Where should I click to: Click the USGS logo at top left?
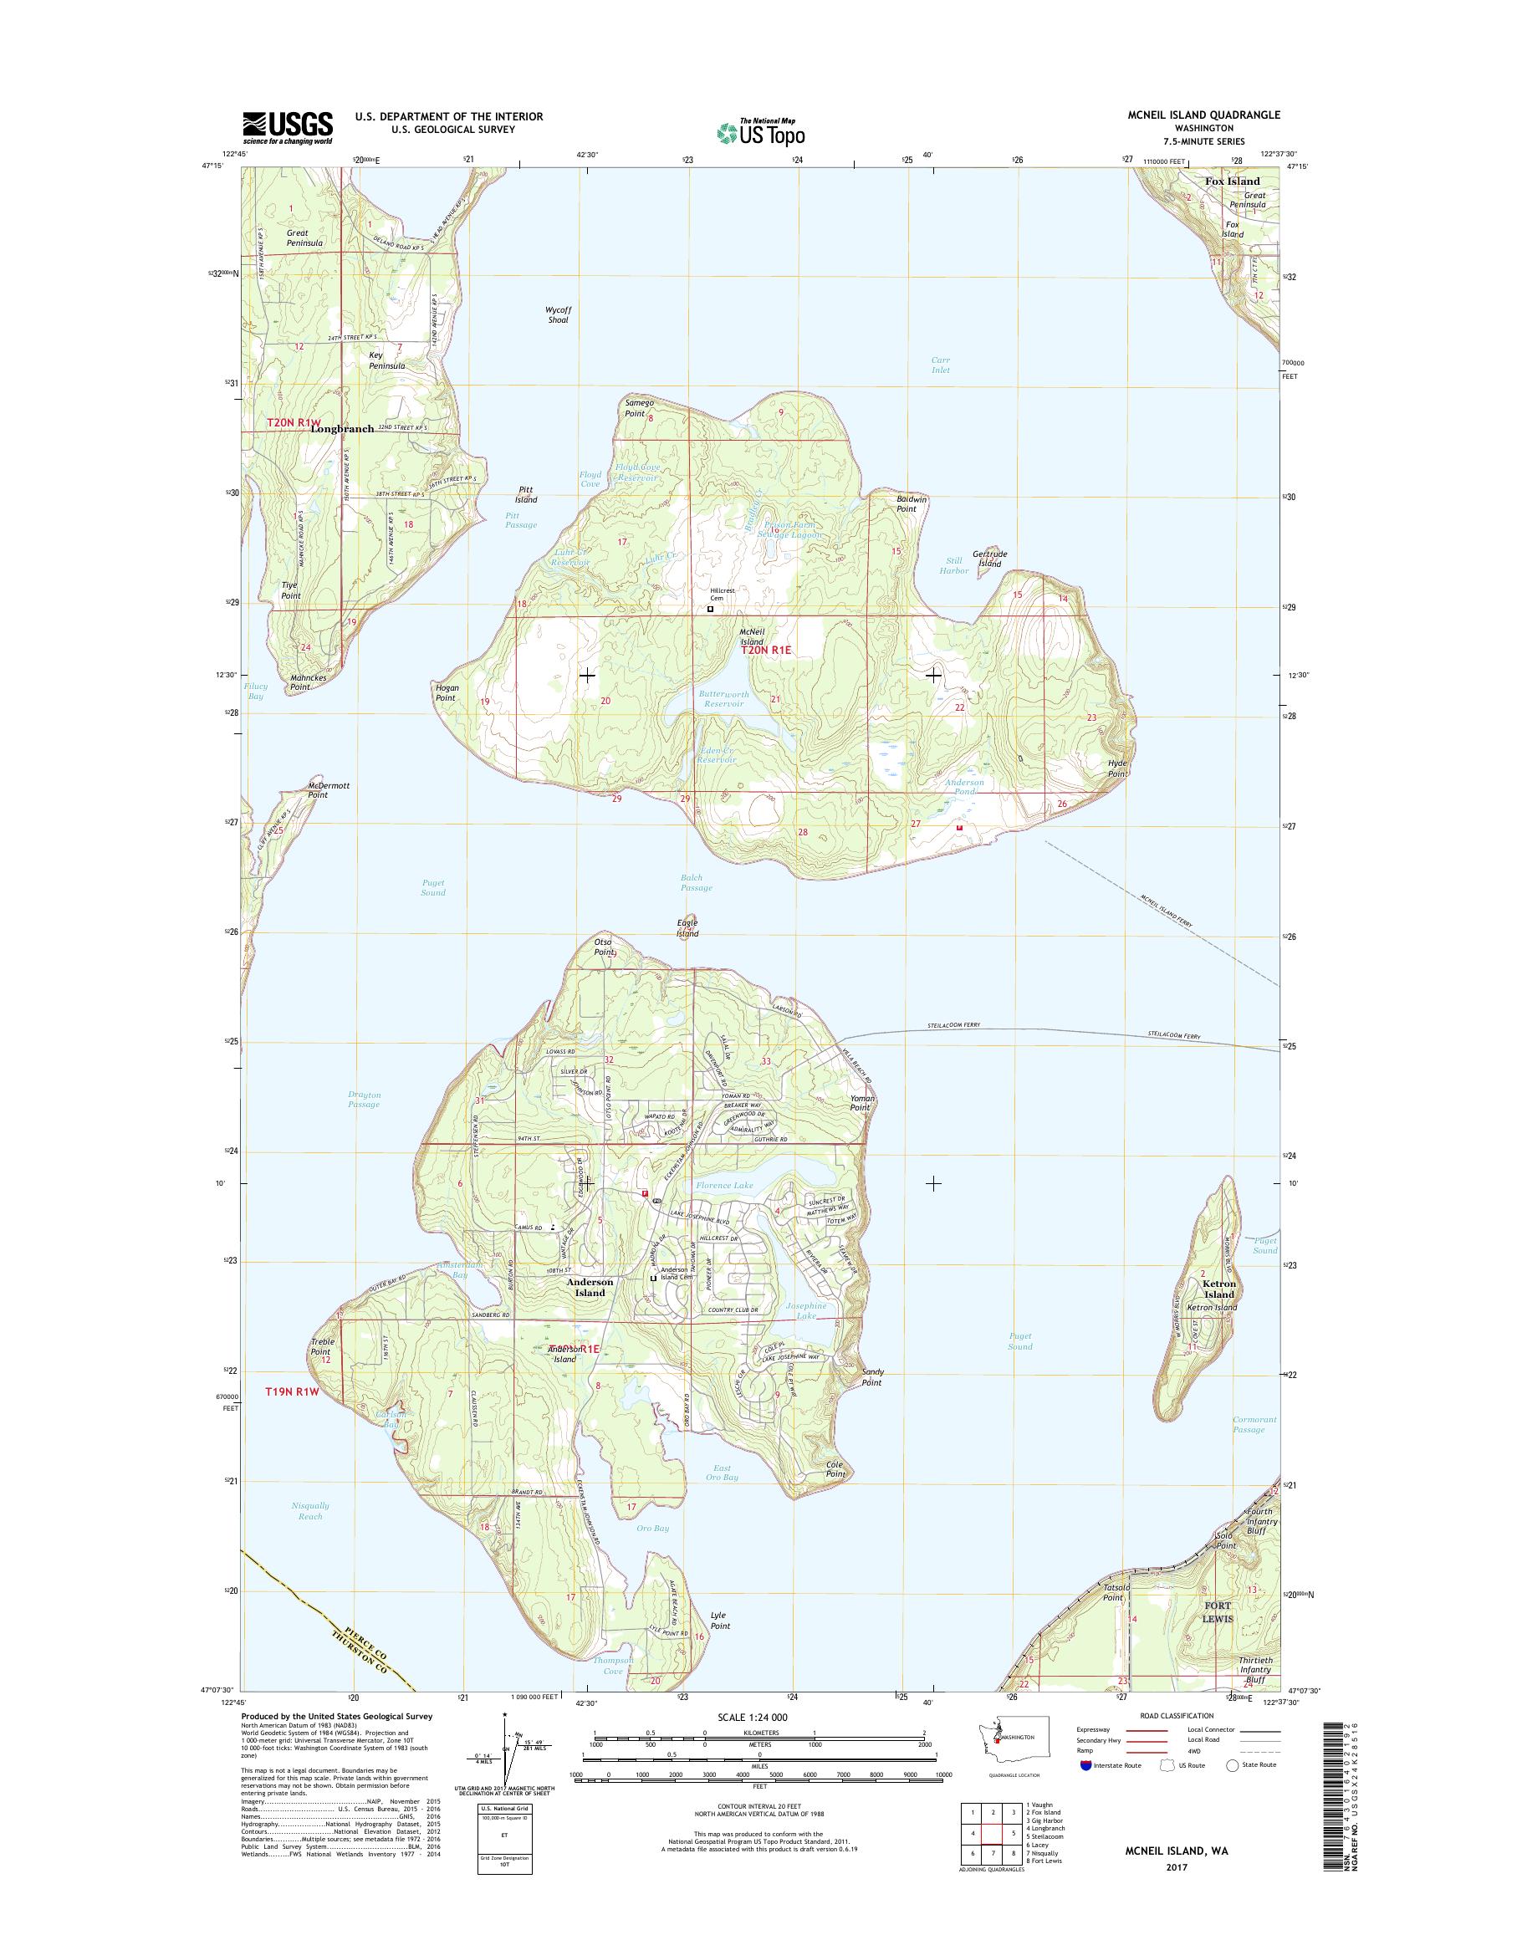click(x=287, y=127)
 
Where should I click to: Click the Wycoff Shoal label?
click(x=557, y=314)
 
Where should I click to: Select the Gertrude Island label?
click(x=989, y=558)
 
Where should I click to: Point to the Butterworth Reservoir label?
click(x=723, y=698)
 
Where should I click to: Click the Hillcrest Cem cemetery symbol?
click(x=710, y=610)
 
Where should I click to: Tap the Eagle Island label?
click(x=687, y=927)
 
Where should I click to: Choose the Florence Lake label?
click(x=724, y=1185)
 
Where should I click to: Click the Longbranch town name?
click(x=342, y=429)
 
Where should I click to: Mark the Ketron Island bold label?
click(x=1219, y=1289)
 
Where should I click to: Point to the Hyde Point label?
click(x=1117, y=769)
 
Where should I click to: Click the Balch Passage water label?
click(x=696, y=882)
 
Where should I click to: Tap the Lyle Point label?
click(x=719, y=1620)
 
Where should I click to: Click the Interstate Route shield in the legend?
click(x=1085, y=1764)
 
